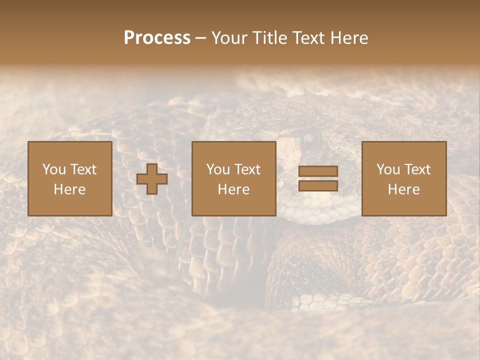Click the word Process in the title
(157, 38)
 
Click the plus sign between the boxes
(152, 179)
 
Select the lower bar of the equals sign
(318, 186)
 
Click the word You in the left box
(54, 169)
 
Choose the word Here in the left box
(69, 189)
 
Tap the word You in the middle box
(218, 169)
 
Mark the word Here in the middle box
(233, 189)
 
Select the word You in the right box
(388, 169)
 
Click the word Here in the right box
(403, 189)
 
